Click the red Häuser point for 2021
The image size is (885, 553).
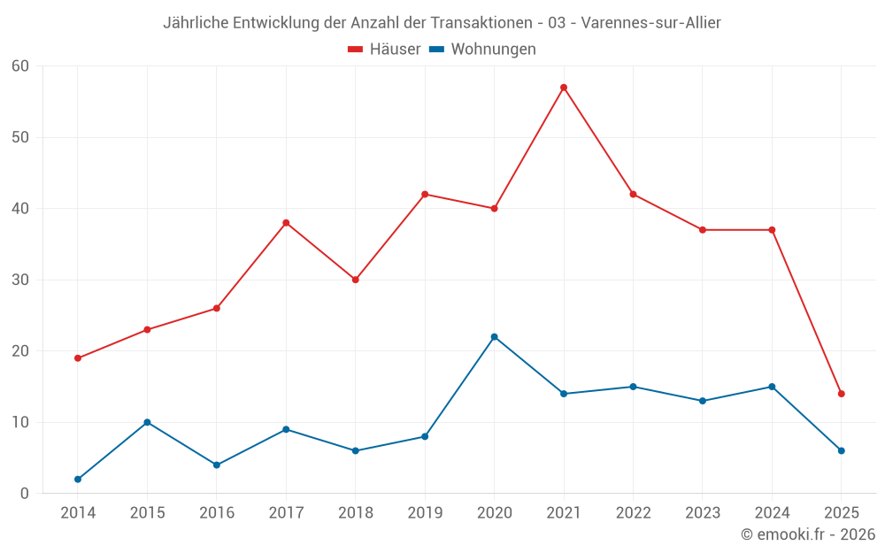tap(564, 88)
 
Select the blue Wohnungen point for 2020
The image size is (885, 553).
tap(494, 337)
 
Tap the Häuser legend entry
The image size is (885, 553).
tap(385, 50)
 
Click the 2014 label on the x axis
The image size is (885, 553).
tap(78, 513)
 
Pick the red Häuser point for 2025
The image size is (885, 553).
tap(842, 394)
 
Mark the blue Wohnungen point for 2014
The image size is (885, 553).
tap(78, 480)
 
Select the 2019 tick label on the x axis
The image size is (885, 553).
tap(425, 513)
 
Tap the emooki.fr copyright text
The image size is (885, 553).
tap(807, 534)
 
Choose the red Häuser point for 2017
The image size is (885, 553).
tap(286, 223)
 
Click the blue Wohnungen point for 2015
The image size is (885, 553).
tap(147, 422)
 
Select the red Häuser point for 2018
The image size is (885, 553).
tap(355, 280)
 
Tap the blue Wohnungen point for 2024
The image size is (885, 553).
tap(772, 387)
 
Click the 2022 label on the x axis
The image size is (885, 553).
tap(633, 513)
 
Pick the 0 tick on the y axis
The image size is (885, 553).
tap(25, 494)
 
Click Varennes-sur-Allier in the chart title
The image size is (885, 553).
tap(651, 23)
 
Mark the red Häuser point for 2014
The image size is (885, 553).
tap(78, 358)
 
